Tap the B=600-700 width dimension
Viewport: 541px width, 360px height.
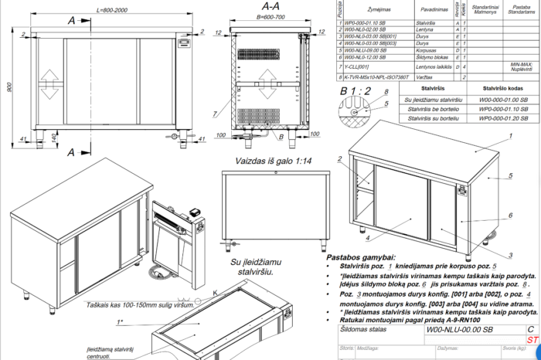click(x=270, y=16)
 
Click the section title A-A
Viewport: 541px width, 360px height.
click(x=271, y=5)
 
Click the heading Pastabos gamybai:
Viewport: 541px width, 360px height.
click(x=360, y=257)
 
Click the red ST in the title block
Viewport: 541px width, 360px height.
click(x=532, y=339)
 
